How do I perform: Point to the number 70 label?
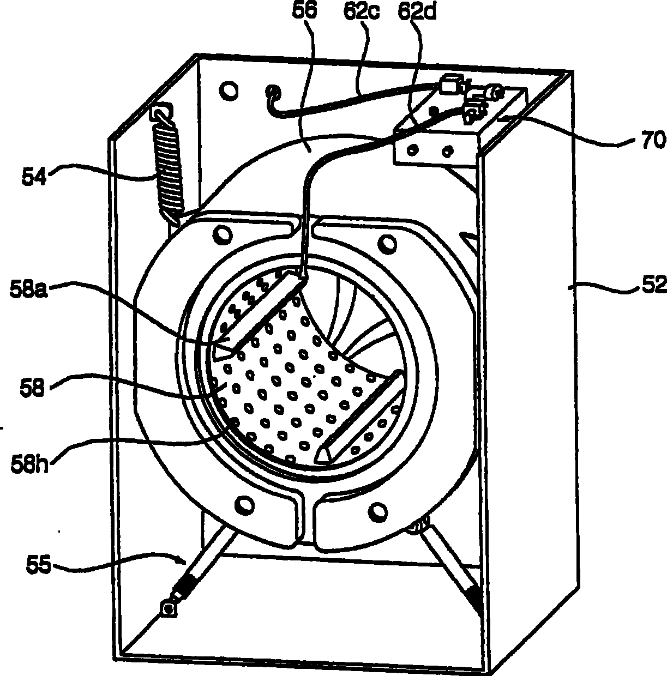653,140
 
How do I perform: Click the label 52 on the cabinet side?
654,285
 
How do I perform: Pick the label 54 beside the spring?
34,177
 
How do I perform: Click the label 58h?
29,464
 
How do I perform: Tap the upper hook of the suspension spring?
162,113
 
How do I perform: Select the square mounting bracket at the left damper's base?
169,620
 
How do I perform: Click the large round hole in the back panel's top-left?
229,90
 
